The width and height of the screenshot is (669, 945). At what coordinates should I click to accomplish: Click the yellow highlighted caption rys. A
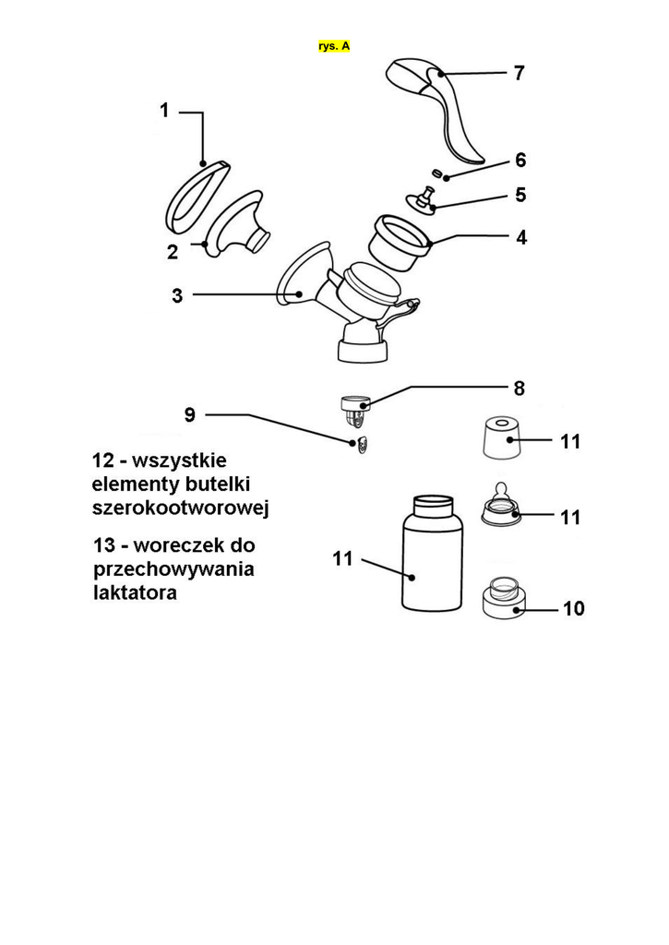[334, 45]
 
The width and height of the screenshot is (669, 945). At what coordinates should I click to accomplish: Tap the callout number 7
[520, 73]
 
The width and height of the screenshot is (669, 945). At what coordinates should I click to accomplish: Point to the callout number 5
[520, 196]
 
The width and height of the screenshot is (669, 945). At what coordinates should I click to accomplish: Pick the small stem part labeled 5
[425, 199]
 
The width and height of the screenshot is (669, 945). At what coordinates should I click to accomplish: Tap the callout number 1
[164, 111]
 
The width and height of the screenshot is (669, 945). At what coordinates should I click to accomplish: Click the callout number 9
[189, 414]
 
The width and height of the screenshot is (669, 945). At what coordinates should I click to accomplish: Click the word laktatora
[135, 592]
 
